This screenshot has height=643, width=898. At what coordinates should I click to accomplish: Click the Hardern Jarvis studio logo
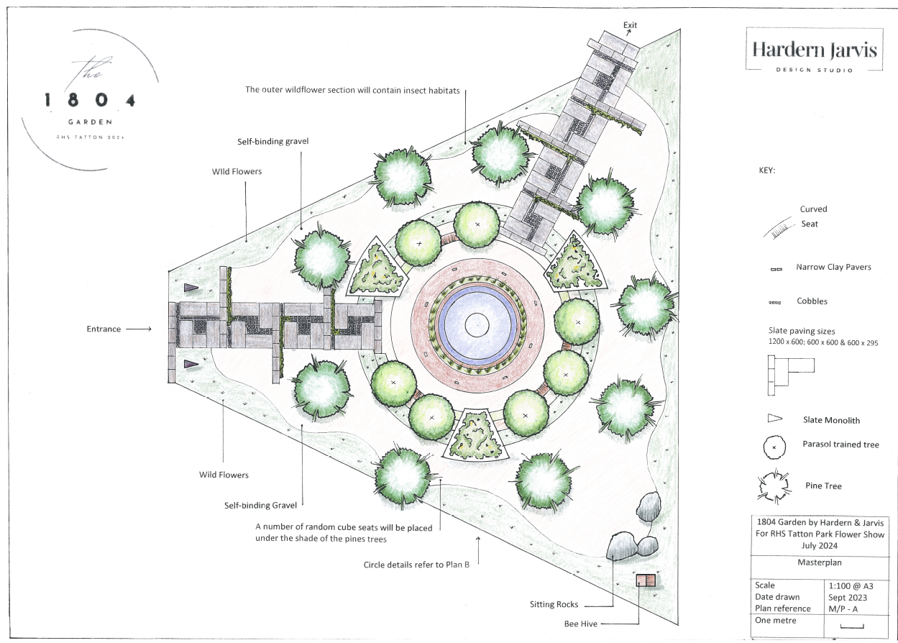point(814,50)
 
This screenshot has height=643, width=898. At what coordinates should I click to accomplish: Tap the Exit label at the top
point(630,25)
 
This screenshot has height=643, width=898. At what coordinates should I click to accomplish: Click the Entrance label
point(104,329)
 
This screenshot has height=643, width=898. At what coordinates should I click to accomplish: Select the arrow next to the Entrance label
point(139,329)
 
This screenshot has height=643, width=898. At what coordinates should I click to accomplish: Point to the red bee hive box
point(646,580)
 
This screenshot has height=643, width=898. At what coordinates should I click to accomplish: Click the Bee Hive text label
point(580,624)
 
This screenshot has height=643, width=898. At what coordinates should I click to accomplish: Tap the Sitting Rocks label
point(554,604)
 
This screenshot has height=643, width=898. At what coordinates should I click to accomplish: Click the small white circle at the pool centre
point(477,325)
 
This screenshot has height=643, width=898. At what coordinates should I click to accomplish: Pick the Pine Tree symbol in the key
point(774,486)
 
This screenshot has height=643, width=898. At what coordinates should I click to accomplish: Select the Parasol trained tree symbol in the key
point(774,447)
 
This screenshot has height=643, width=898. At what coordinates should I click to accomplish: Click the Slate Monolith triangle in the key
point(774,419)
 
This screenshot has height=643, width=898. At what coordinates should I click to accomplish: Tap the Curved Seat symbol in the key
point(779,228)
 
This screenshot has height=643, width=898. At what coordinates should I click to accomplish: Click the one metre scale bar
point(851,626)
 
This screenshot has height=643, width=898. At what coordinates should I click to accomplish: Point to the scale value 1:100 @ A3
point(851,585)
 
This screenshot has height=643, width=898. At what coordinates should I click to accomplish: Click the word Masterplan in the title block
point(819,562)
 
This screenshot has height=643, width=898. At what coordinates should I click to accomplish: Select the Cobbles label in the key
point(812,301)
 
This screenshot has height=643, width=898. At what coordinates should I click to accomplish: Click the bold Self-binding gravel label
point(272,141)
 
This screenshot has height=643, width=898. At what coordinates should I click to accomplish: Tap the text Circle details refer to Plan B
point(416,565)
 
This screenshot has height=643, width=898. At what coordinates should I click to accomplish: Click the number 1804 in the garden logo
point(89,100)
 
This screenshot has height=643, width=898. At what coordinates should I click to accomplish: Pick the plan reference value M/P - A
point(843,609)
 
